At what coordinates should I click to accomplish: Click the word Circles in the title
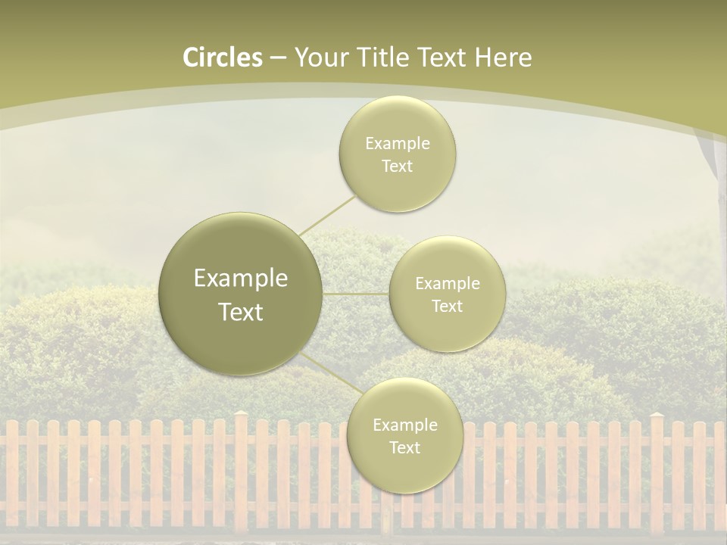tap(223, 58)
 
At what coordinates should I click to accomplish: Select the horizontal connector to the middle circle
tap(356, 294)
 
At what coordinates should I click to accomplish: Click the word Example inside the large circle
tap(241, 279)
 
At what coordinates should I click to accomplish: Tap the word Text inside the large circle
tap(241, 312)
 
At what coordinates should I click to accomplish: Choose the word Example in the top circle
tap(398, 143)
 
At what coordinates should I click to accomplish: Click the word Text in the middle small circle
tap(448, 307)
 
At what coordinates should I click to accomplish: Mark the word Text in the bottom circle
tap(404, 448)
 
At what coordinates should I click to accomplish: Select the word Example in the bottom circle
tap(404, 425)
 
